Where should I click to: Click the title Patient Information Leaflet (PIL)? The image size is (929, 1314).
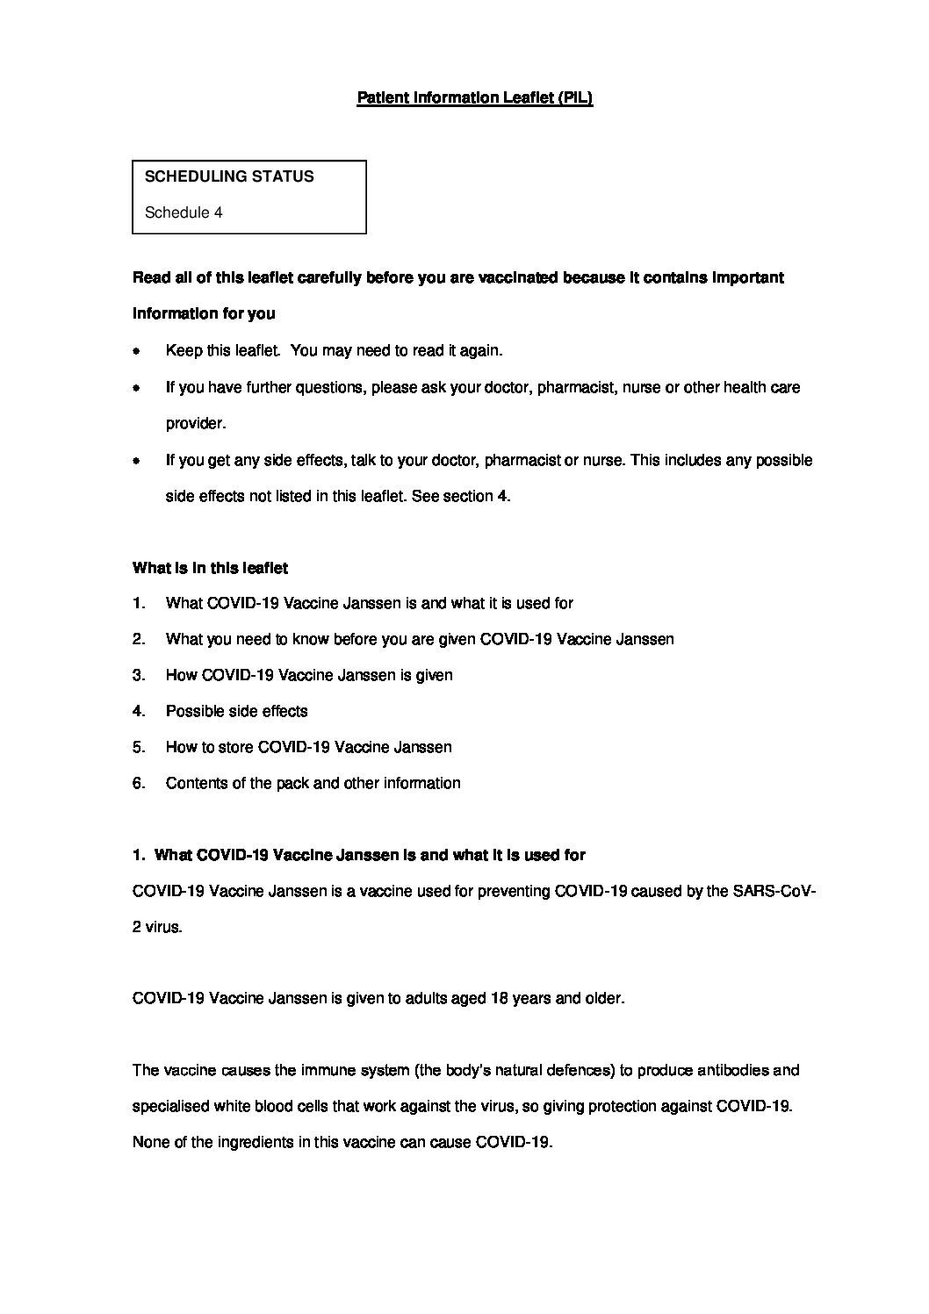pos(474,98)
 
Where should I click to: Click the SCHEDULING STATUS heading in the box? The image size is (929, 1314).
pos(228,176)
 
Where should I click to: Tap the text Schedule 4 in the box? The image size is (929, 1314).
pos(183,212)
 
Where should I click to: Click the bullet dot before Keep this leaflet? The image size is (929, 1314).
pos(136,351)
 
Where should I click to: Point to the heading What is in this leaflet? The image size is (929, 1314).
pos(210,568)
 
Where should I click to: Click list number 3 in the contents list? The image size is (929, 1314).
pos(138,675)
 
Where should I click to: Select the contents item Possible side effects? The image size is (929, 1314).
pos(236,711)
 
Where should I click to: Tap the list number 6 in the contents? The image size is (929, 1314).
pos(138,783)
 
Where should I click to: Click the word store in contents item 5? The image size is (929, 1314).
pos(235,747)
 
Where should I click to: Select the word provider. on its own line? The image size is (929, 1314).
pos(196,423)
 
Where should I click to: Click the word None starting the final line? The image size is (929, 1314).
pos(150,1143)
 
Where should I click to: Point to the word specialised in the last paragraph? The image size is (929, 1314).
pos(170,1107)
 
